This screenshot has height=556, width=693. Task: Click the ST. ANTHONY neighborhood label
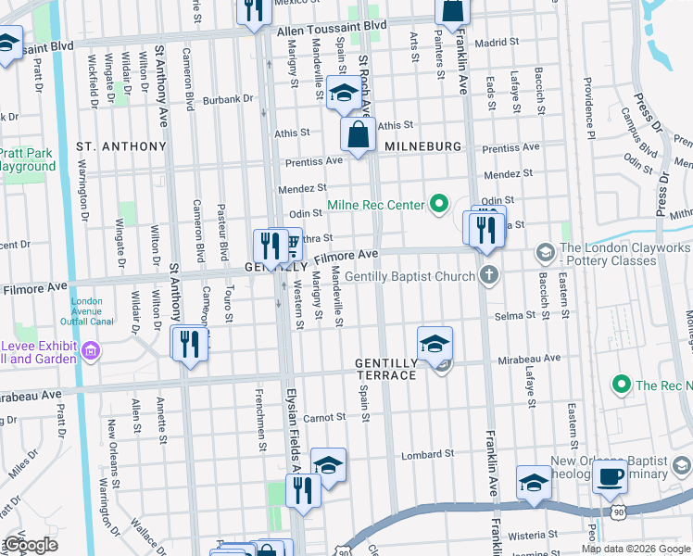click(120, 146)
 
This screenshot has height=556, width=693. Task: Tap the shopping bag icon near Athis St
click(358, 134)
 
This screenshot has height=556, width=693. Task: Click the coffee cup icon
click(609, 477)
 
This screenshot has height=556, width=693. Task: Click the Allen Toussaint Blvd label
click(331, 31)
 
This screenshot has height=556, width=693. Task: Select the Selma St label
click(516, 316)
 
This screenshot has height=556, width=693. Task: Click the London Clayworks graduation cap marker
click(546, 251)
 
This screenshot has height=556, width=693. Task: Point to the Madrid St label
click(492, 43)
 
